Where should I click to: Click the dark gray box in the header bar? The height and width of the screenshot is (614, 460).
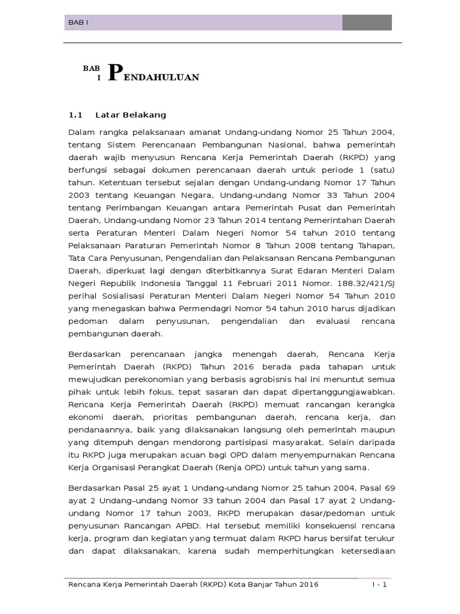coord(367,23)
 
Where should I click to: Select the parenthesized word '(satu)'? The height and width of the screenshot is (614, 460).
coord(380,170)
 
